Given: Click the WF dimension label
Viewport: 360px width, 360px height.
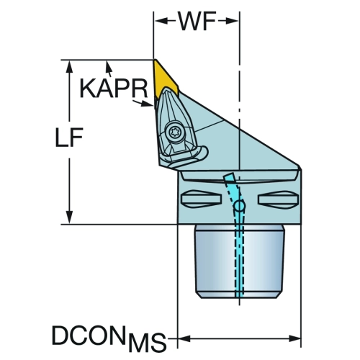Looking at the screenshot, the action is click(197, 21).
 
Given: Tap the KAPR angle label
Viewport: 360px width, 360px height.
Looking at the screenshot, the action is click(113, 88).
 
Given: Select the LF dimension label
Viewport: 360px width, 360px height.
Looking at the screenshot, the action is click(69, 138).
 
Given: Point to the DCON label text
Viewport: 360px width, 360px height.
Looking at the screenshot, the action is click(90, 335).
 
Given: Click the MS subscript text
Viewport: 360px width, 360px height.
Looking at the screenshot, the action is click(148, 342).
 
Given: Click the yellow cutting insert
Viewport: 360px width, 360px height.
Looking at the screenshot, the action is click(166, 78).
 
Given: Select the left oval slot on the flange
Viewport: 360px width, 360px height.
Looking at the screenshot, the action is click(201, 199).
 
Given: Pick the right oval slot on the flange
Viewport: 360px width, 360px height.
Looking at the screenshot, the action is click(279, 199).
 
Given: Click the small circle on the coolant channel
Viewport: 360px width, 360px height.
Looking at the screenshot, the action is click(240, 206).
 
